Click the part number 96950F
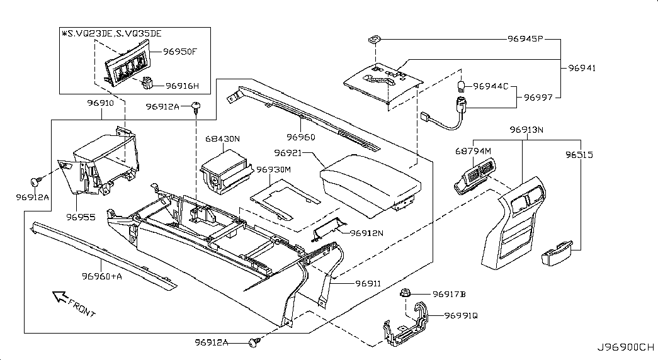click(181, 51)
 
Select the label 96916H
click(182, 86)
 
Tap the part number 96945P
click(525, 38)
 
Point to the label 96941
click(582, 68)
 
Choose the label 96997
click(538, 98)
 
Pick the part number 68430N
click(222, 138)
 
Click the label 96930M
click(273, 170)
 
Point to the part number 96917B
click(449, 294)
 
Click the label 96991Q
click(461, 315)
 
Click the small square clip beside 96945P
click(374, 40)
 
